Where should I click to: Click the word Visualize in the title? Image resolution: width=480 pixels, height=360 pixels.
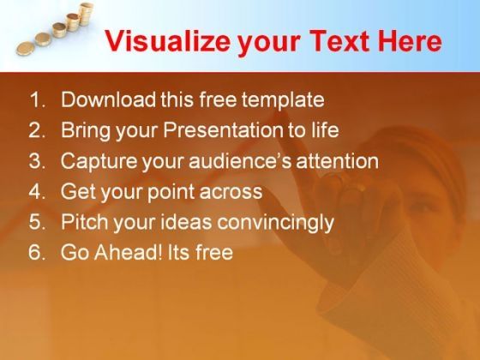(x=168, y=41)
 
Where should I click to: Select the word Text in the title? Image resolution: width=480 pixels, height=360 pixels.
(x=341, y=41)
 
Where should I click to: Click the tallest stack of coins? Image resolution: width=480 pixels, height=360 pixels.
(x=86, y=14)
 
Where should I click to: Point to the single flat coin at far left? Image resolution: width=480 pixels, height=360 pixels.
(x=25, y=49)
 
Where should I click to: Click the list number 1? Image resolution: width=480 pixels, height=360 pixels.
(x=37, y=99)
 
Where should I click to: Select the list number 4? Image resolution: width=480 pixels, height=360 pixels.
(x=37, y=192)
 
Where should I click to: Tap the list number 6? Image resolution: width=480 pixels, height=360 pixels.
(x=37, y=253)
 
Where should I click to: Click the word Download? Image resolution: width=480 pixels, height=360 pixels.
(x=108, y=99)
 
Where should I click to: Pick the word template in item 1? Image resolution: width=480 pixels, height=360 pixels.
(x=283, y=100)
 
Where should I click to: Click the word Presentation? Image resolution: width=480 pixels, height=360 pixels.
(x=223, y=130)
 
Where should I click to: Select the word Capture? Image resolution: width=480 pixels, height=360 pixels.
(x=99, y=162)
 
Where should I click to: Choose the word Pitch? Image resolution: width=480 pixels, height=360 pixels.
(x=85, y=222)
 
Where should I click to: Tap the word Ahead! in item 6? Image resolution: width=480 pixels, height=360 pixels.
(x=129, y=253)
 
